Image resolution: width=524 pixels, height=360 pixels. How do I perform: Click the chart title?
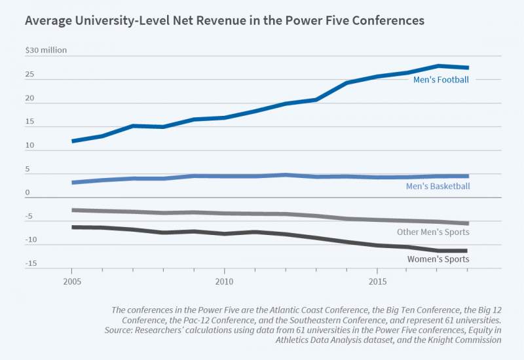225,21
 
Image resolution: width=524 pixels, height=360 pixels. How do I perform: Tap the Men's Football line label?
441,80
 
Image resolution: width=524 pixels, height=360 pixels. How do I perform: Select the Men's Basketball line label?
437,187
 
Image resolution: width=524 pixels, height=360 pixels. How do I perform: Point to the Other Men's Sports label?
433,232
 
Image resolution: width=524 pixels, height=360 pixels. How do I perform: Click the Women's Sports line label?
438,259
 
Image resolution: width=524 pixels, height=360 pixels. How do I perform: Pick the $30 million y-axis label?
46,50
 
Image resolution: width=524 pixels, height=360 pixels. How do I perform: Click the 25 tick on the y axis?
29,75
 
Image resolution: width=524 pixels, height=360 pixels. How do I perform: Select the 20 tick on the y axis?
29,98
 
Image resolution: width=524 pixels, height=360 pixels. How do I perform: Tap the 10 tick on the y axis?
29,145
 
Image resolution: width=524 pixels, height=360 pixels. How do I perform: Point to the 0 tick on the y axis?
28,192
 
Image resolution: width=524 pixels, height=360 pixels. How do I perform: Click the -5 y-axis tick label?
29,216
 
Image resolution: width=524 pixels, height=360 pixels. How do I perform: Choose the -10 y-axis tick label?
29,240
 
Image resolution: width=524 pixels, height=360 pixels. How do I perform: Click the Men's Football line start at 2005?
73,141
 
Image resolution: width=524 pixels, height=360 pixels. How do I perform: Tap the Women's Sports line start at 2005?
73,227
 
